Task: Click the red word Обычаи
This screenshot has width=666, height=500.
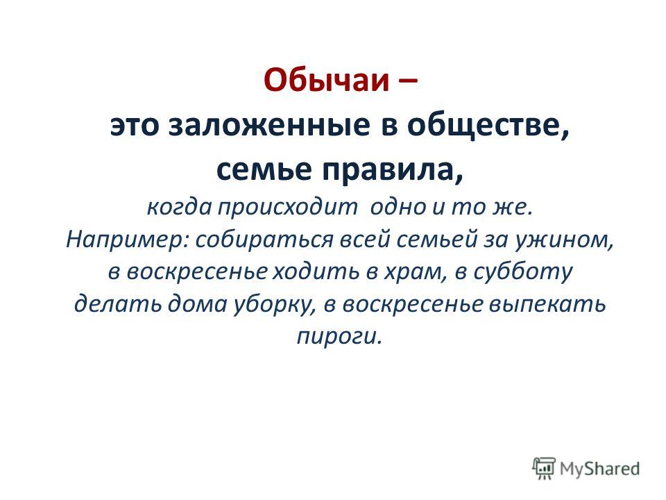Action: pos(326,79)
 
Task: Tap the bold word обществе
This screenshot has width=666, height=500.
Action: pos(488,126)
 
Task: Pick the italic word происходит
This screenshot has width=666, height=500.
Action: pos(288,208)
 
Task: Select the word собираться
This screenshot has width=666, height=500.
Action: pos(264,240)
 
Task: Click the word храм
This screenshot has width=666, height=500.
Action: pos(415,272)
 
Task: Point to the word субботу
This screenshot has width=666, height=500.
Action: pos(522,272)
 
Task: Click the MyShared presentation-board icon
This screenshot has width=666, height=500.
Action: pos(544,468)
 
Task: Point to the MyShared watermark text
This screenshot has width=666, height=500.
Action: pos(599,469)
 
